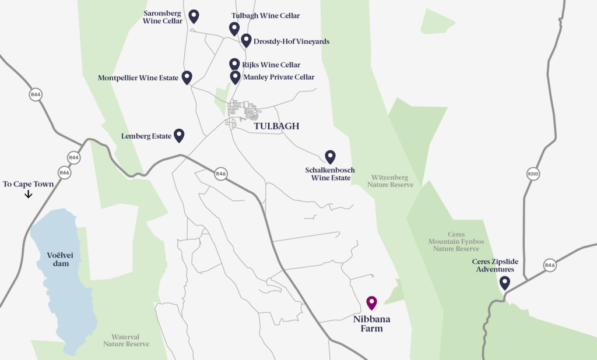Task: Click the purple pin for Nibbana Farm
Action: coord(371,302)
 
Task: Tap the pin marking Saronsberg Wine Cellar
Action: coord(194,16)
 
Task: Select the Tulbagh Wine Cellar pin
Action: coord(234,28)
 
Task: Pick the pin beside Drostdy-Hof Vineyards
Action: coord(246,40)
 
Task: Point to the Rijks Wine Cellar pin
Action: coord(234,64)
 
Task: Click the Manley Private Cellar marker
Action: coord(235,76)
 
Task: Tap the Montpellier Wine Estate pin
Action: coord(187,77)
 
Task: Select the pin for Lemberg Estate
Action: coord(179,135)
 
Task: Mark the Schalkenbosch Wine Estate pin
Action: coord(330,156)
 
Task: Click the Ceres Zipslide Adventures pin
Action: coord(505,283)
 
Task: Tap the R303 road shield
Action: coord(533,174)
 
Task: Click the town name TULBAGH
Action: coord(276,126)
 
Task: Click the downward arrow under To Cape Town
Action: coord(28,195)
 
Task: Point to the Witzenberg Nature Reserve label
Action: coord(390,181)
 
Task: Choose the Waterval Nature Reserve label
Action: coord(126,340)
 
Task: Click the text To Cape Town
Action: coord(28,184)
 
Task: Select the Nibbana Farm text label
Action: coord(371,324)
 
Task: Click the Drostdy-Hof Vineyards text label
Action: coord(292,41)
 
